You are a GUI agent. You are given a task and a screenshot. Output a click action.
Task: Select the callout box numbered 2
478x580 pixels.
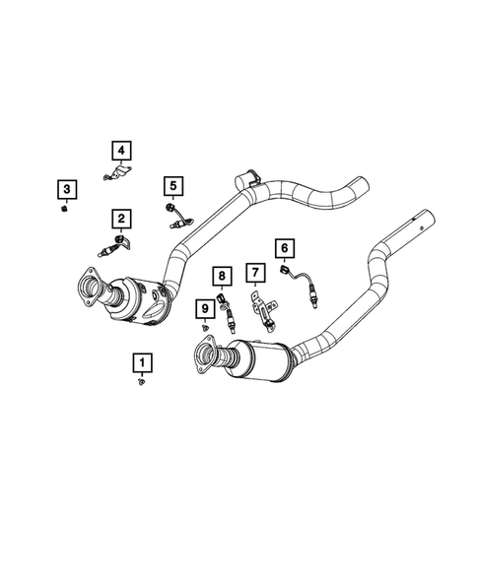tap(120, 218)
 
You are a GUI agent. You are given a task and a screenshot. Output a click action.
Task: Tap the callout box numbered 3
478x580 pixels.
tap(64, 188)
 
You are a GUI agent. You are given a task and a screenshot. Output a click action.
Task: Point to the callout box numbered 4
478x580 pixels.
tap(120, 150)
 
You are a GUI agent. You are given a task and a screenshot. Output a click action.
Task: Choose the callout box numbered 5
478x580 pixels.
tap(172, 184)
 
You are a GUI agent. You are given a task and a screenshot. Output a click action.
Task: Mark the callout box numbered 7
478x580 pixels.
tap(253, 271)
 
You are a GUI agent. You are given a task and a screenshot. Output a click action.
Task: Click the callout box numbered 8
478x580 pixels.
tap(223, 275)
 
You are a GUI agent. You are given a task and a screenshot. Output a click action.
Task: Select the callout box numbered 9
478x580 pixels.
tap(205, 309)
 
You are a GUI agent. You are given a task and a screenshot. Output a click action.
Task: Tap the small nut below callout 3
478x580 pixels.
tap(64, 208)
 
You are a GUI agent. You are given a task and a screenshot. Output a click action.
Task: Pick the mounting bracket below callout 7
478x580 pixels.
tap(262, 307)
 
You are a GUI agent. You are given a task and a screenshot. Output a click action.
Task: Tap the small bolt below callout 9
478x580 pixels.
tap(204, 328)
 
